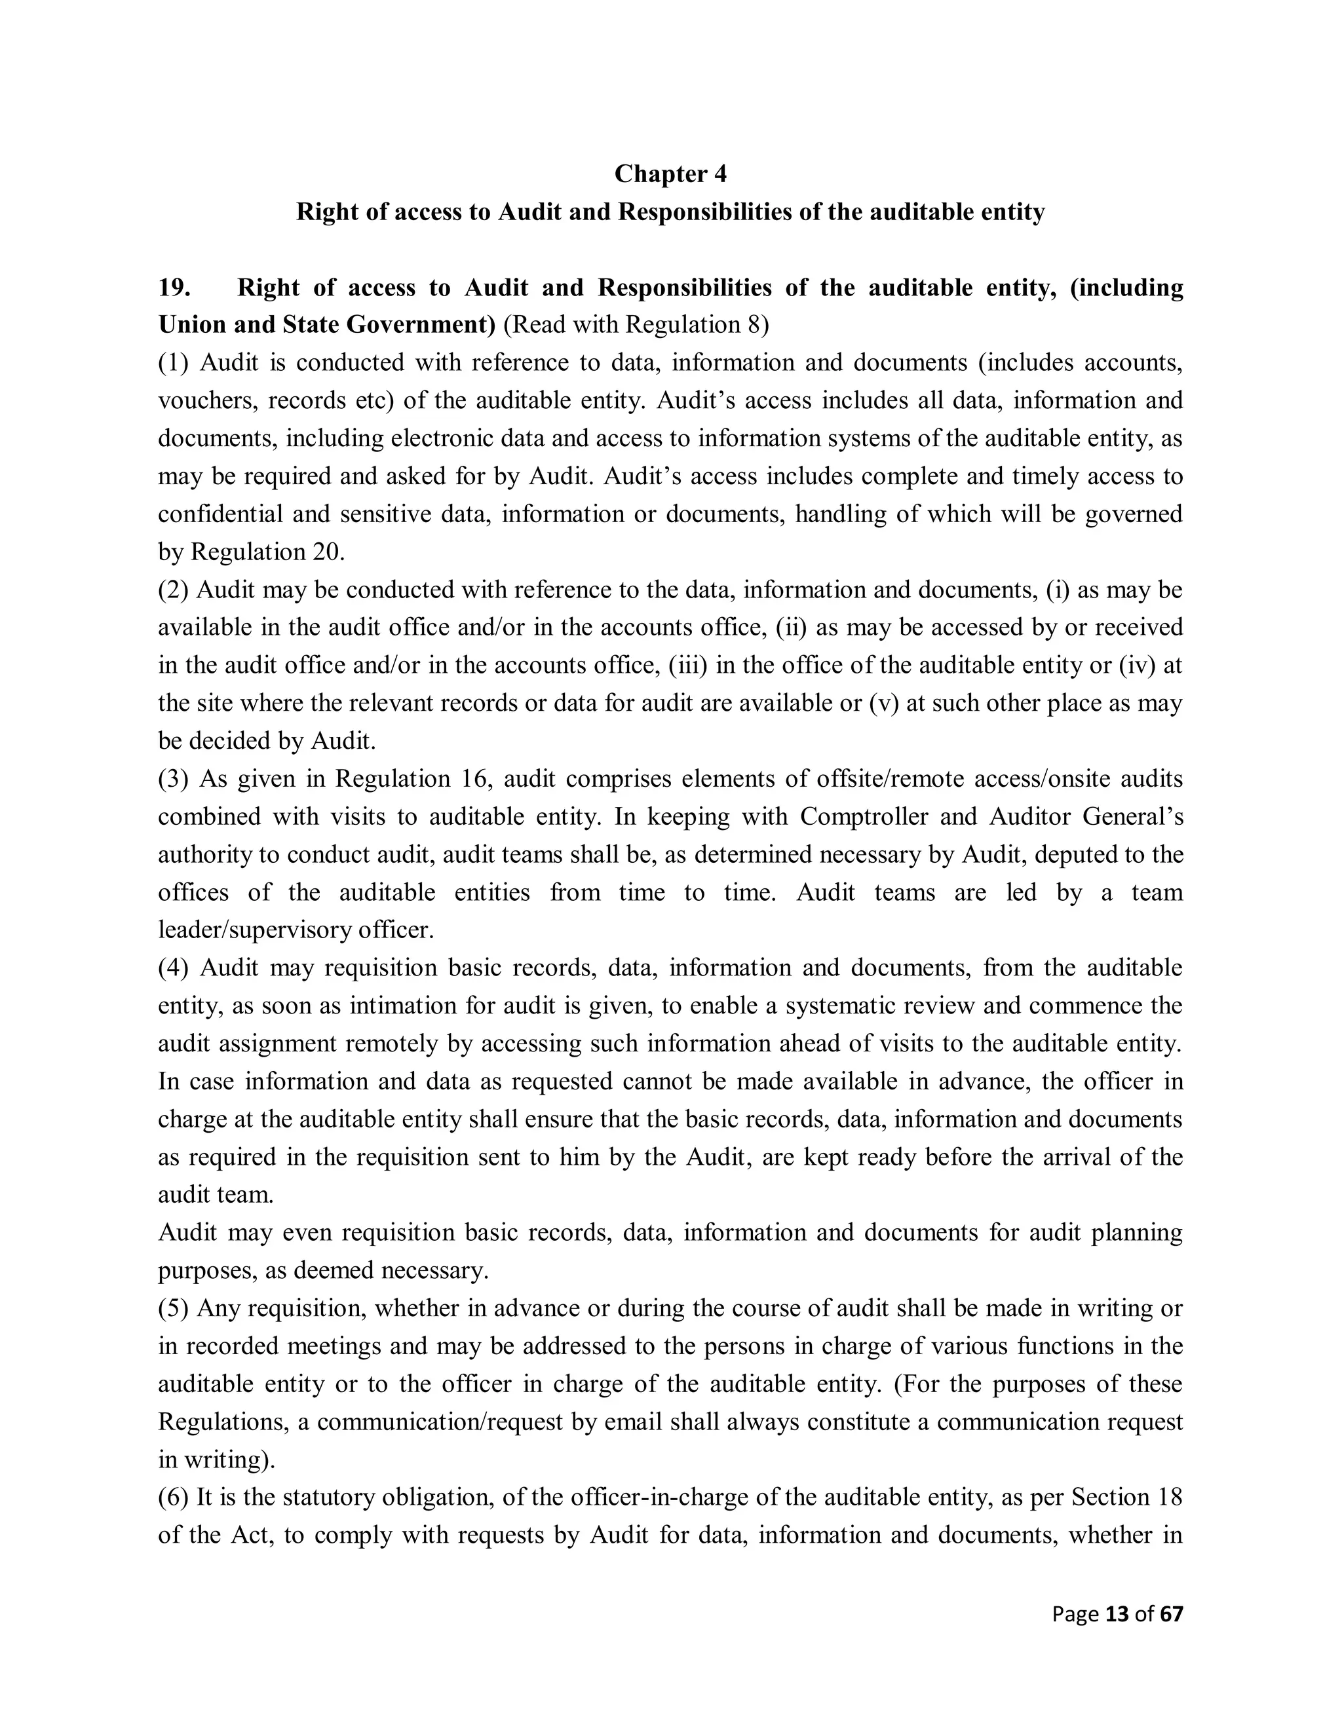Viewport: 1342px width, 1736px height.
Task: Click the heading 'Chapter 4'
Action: pyautogui.click(x=670, y=174)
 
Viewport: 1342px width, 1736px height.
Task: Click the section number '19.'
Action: pyautogui.click(x=174, y=287)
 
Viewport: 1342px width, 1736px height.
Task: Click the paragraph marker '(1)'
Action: pyautogui.click(x=173, y=362)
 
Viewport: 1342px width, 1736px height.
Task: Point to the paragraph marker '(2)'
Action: pyautogui.click(x=172, y=590)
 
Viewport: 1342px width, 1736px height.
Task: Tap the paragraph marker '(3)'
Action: pyautogui.click(x=173, y=778)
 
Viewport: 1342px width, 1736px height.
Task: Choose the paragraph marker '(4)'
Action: pyautogui.click(x=173, y=968)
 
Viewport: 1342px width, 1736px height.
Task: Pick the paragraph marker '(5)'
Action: pyautogui.click(x=172, y=1308)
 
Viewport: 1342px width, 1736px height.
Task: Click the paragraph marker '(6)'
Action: pyautogui.click(x=172, y=1497)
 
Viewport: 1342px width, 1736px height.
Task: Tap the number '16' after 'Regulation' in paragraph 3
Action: pyautogui.click(x=474, y=778)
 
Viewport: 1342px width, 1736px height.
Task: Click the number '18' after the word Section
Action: pyautogui.click(x=1171, y=1497)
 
